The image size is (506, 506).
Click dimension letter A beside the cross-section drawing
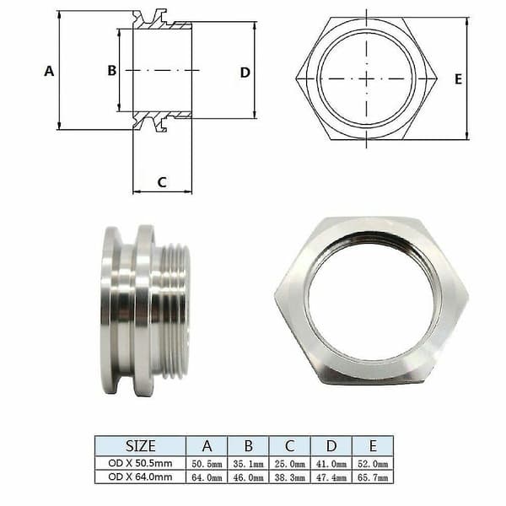point(49,71)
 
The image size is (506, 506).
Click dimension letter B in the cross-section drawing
point(112,70)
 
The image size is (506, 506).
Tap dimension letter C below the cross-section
point(162,182)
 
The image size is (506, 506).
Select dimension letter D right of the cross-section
point(245,73)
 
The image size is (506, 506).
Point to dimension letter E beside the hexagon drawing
point(458,79)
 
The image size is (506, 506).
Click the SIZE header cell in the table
point(140,446)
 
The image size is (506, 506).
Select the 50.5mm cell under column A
point(207,464)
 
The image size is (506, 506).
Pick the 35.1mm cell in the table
point(248,464)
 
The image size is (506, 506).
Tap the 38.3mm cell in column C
point(290,477)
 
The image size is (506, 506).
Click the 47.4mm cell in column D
point(331,477)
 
